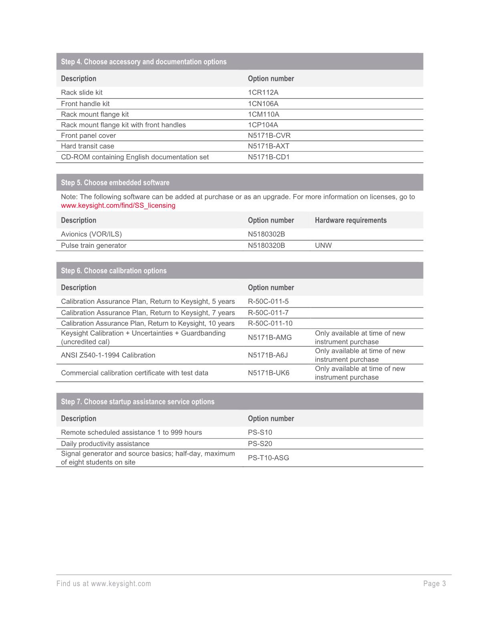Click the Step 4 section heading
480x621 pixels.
point(143,62)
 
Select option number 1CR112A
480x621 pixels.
point(263,92)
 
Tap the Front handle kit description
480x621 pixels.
point(85,104)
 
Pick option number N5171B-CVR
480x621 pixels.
point(269,135)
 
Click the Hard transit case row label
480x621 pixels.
point(87,146)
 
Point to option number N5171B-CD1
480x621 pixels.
point(269,157)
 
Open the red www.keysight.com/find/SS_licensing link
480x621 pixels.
point(118,205)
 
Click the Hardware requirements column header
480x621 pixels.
point(351,220)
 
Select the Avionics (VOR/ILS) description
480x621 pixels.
point(91,234)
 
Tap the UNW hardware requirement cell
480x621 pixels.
point(323,245)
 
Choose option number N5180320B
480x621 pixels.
point(266,245)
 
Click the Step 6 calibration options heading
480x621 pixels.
point(114,271)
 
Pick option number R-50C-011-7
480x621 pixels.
point(268,313)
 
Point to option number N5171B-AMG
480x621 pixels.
point(270,338)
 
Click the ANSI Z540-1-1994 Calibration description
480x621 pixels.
point(108,355)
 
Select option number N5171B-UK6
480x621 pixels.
point(269,373)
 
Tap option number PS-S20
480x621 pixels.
point(260,444)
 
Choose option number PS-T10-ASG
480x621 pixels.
point(268,458)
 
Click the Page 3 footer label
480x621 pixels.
point(434,584)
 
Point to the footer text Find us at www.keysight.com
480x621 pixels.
point(104,584)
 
